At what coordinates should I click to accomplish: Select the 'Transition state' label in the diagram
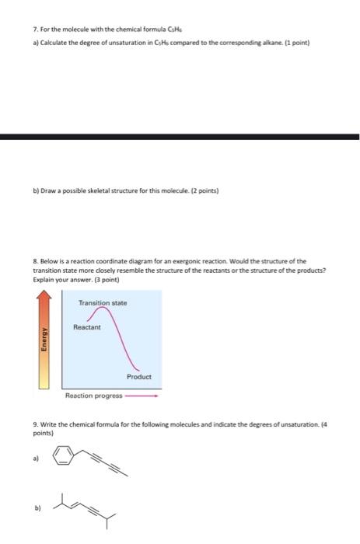coord(103,303)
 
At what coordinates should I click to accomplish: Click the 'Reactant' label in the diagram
coord(86,327)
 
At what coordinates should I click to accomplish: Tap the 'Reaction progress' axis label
coord(94,396)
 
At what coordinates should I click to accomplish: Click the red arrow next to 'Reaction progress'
coord(142,396)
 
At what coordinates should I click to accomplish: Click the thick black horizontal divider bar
coord(180,138)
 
